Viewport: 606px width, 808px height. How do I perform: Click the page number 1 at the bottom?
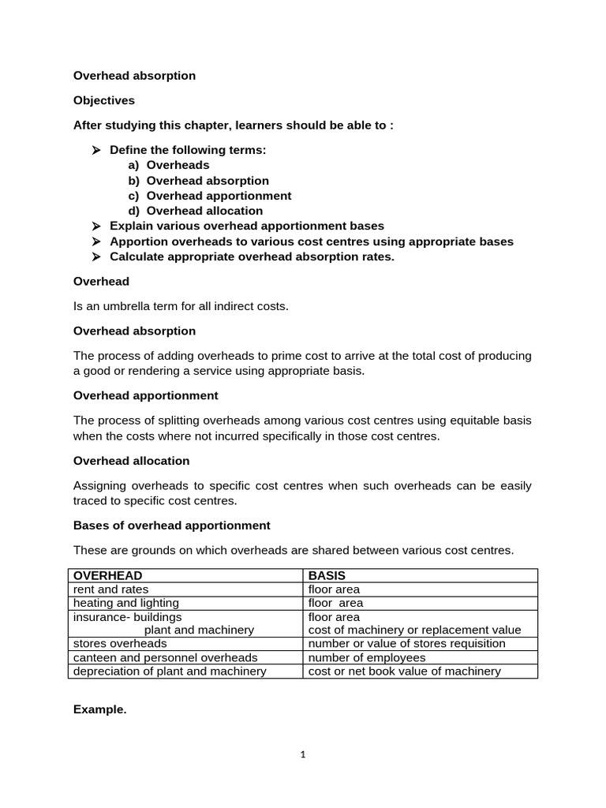[303, 754]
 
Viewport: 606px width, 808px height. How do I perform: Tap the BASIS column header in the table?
[327, 575]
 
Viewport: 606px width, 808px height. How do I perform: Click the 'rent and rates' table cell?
[110, 589]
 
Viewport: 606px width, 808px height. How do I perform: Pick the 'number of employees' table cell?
[367, 657]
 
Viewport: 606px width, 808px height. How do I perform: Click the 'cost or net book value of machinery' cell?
[404, 671]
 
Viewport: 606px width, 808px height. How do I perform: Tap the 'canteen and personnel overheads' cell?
[166, 657]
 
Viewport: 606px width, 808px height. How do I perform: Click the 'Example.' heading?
[99, 709]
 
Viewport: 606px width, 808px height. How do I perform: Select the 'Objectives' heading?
[104, 100]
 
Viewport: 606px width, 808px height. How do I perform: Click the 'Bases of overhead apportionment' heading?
[171, 525]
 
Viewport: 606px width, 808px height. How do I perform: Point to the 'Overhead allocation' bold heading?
[131, 460]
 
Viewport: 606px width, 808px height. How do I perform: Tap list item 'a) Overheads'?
[169, 165]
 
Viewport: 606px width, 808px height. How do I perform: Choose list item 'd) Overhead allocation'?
[195, 211]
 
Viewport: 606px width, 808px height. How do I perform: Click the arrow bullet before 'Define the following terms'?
[96, 150]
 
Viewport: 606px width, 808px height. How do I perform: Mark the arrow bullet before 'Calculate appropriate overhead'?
[96, 256]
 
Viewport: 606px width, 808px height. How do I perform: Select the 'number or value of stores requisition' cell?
[406, 643]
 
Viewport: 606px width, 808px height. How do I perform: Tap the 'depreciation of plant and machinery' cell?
[170, 671]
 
